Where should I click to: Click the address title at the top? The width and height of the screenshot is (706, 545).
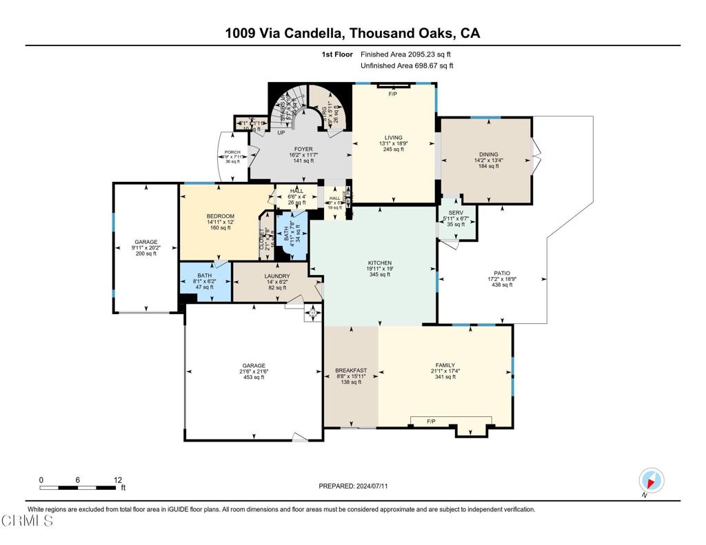[x=352, y=33]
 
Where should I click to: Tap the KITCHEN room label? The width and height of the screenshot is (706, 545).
[x=380, y=263]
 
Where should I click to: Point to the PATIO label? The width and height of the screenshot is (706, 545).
[x=501, y=273]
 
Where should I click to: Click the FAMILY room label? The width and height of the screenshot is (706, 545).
[x=445, y=365]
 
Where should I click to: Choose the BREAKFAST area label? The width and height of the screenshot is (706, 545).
[x=351, y=370]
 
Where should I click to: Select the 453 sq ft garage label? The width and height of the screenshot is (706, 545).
[x=253, y=365]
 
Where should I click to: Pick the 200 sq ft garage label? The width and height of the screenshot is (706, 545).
[x=145, y=242]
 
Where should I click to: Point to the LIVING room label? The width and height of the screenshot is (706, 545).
[x=394, y=138]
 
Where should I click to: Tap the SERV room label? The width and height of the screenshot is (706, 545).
[x=455, y=213]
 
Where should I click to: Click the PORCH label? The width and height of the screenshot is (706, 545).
[x=232, y=152]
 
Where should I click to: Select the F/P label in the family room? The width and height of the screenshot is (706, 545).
[x=431, y=420]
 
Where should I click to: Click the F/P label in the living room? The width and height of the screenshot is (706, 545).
[x=394, y=94]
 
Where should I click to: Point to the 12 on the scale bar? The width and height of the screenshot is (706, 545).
[x=118, y=480]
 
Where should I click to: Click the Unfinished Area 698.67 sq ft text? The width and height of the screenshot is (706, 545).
[x=407, y=65]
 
